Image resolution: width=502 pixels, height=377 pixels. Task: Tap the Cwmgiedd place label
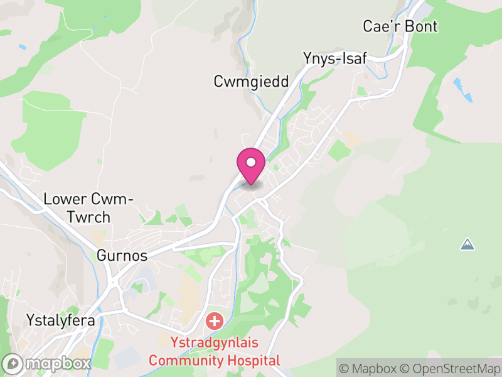click(251, 82)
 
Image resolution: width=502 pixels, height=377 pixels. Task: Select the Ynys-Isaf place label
click(334, 58)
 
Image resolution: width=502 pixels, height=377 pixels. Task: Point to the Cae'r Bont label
click(400, 26)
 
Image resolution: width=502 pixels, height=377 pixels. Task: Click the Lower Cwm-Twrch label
click(88, 209)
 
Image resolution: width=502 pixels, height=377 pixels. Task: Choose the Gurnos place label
click(122, 256)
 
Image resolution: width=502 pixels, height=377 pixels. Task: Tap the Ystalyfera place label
click(60, 320)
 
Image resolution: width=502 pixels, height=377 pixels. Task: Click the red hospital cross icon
click(215, 322)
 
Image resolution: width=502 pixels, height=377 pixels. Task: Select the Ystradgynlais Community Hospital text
click(214, 352)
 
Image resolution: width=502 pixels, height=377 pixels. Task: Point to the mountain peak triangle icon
click(467, 244)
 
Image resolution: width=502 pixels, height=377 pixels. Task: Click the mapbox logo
click(47, 363)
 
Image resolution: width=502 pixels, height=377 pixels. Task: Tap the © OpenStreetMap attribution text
click(452, 368)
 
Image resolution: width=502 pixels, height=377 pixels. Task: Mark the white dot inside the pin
click(251, 163)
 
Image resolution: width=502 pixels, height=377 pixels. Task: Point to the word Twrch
click(88, 217)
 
